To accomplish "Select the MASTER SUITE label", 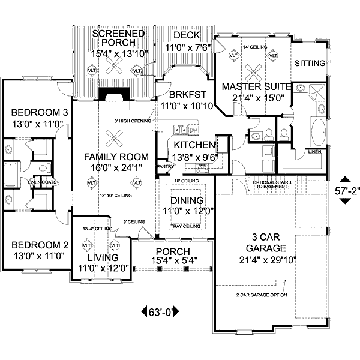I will tap(257, 87).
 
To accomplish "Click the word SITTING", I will tap(310, 63).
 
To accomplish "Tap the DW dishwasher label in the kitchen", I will tap(194, 130).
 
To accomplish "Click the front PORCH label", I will tap(173, 251).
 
